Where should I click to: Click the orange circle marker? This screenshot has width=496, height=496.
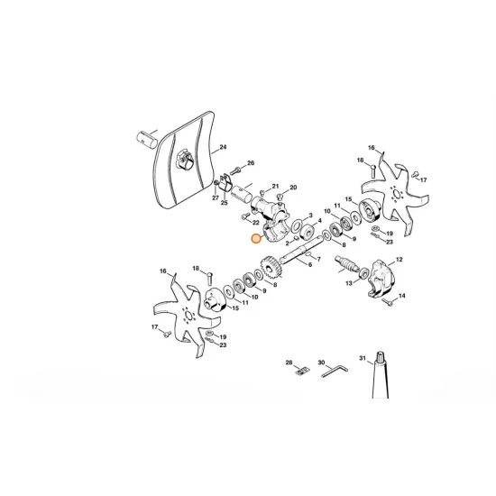pyautogui.click(x=256, y=240)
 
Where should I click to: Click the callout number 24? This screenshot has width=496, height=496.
pyautogui.click(x=224, y=146)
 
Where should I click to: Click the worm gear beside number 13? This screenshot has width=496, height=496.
pyautogui.click(x=346, y=266)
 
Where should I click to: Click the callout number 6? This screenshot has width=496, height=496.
pyautogui.click(x=310, y=264)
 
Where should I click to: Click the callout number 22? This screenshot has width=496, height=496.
pyautogui.click(x=256, y=222)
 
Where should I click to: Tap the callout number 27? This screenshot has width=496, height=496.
pyautogui.click(x=215, y=197)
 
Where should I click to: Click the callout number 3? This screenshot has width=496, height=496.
pyautogui.click(x=309, y=216)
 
